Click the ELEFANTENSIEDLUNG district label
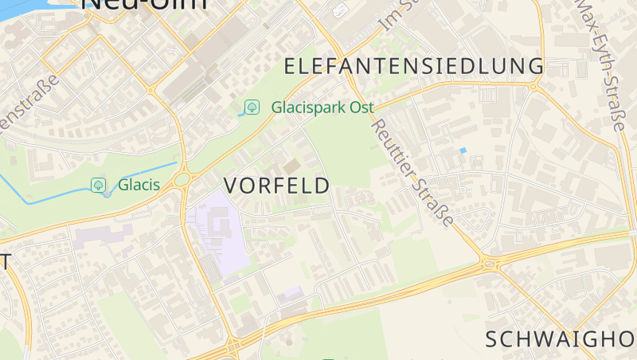point(413,66)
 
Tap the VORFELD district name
point(276,186)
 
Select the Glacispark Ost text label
point(322,107)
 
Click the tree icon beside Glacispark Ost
point(252,107)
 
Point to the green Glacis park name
point(139,186)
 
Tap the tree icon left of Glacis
point(99,186)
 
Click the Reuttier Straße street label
point(412,172)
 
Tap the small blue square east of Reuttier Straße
point(463,150)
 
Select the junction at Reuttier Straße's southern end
point(488,263)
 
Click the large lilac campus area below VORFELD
point(215,231)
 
